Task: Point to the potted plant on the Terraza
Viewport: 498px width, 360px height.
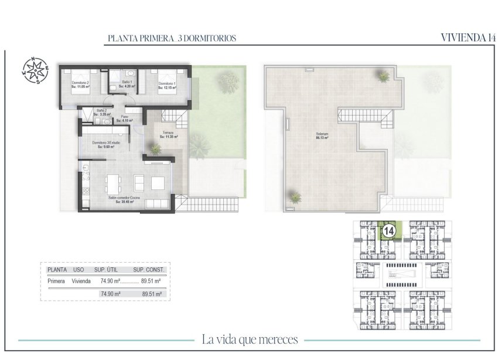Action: pyautogui.click(x=155, y=150)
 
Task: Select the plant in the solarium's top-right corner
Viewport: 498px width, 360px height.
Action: pyautogui.click(x=384, y=76)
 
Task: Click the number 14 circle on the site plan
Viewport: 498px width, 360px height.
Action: pyautogui.click(x=388, y=230)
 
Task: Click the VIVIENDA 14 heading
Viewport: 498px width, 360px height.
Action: pyautogui.click(x=465, y=38)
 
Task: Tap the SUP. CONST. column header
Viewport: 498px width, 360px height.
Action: pyautogui.click(x=149, y=270)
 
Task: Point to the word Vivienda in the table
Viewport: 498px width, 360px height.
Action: pyautogui.click(x=81, y=281)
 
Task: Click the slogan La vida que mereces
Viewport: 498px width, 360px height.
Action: pyautogui.click(x=250, y=339)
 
